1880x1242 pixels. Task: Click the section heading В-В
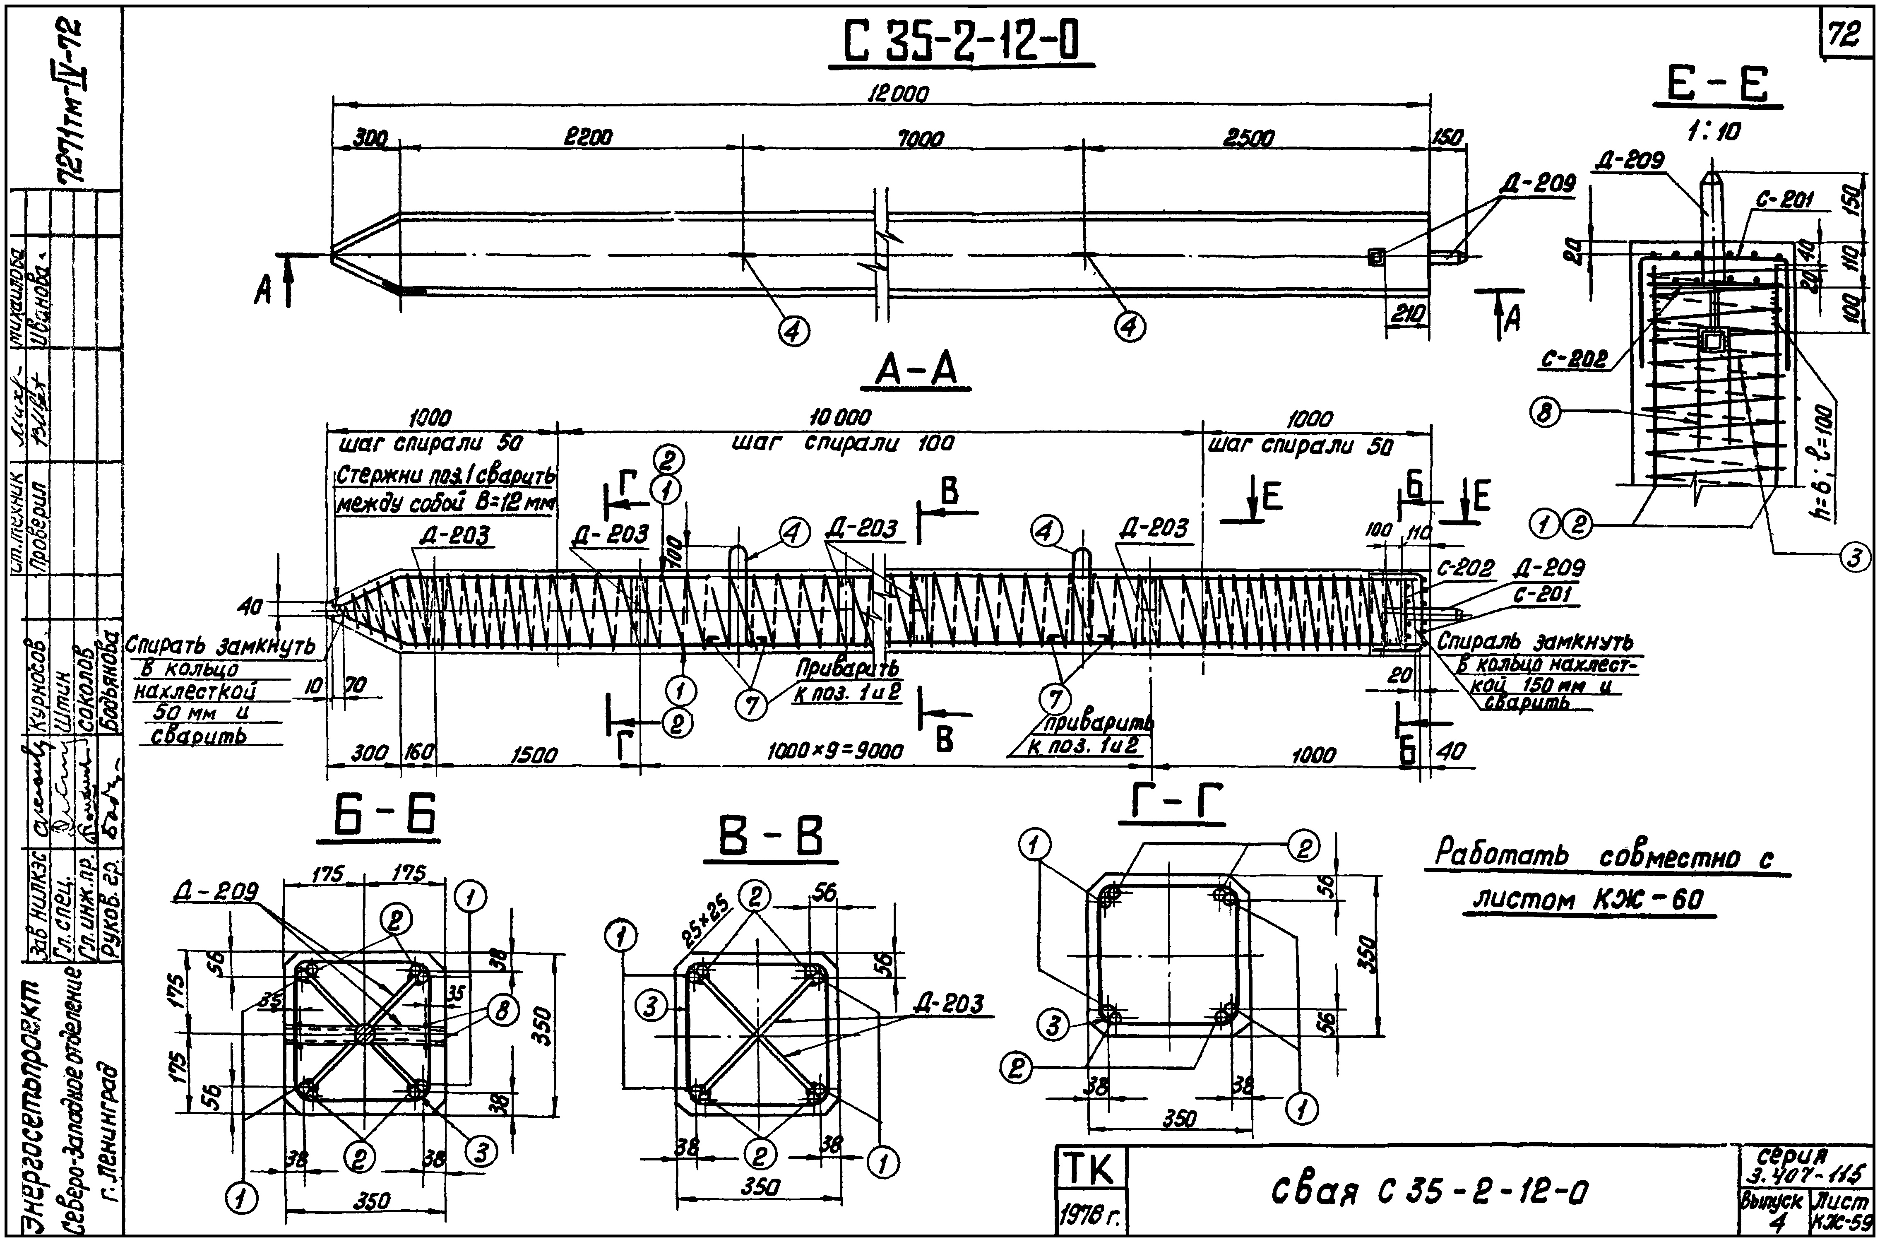pyautogui.click(x=770, y=837)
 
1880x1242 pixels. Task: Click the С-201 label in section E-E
pyautogui.click(x=1784, y=200)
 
